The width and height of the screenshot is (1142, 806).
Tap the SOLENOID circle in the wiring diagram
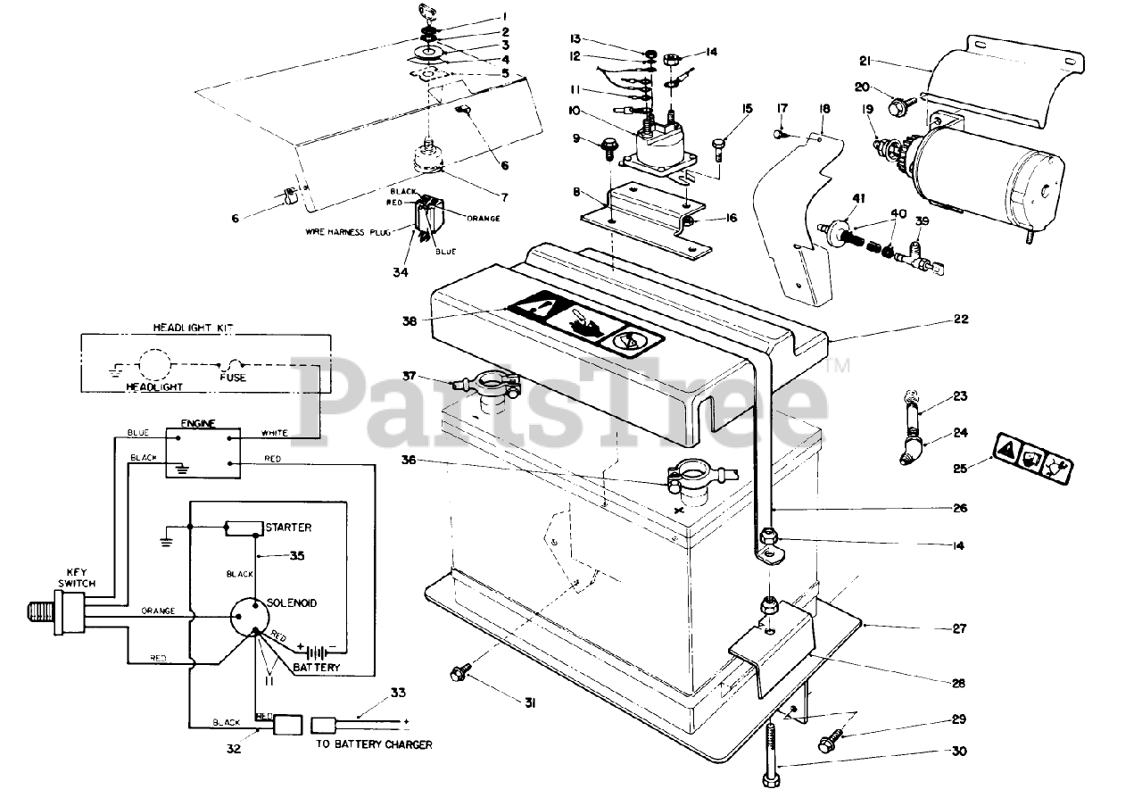(x=255, y=617)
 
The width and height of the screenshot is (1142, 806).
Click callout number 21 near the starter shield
(x=865, y=61)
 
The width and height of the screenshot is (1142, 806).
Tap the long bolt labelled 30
(x=771, y=754)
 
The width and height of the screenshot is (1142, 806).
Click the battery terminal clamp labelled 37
(x=487, y=386)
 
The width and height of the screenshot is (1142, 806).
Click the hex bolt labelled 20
(x=898, y=105)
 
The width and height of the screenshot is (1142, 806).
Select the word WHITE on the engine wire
(x=274, y=434)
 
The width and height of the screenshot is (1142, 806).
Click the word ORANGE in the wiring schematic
(x=157, y=611)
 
